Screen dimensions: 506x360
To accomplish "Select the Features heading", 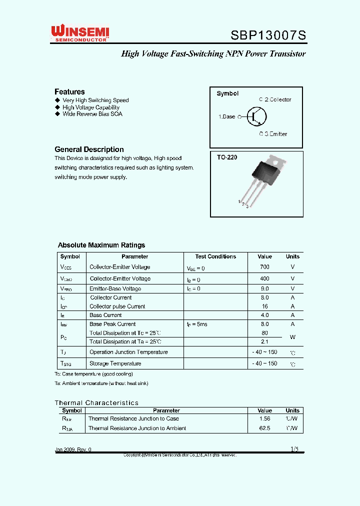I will [69, 91].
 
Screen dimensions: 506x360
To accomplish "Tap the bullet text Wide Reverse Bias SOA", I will [92, 114].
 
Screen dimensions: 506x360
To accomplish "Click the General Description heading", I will [89, 149].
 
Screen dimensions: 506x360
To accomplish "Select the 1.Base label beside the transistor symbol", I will [226, 116].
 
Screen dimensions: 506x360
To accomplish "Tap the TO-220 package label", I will [227, 157].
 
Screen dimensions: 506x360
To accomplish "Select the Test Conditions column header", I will [215, 256].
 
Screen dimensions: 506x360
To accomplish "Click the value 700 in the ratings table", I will [264, 267].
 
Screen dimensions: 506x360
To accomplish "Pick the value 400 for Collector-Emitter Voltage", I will [264, 278].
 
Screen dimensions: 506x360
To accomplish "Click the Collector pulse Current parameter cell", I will [117, 306].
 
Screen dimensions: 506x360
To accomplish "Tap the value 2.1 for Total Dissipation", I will [264, 342].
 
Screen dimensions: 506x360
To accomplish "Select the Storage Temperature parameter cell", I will [115, 363].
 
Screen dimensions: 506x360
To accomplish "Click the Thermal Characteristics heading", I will [96, 402].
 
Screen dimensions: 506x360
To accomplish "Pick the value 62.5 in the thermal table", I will [264, 428].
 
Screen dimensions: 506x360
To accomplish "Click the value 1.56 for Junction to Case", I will [264, 418].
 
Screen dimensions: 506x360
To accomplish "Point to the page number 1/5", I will [294, 449].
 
